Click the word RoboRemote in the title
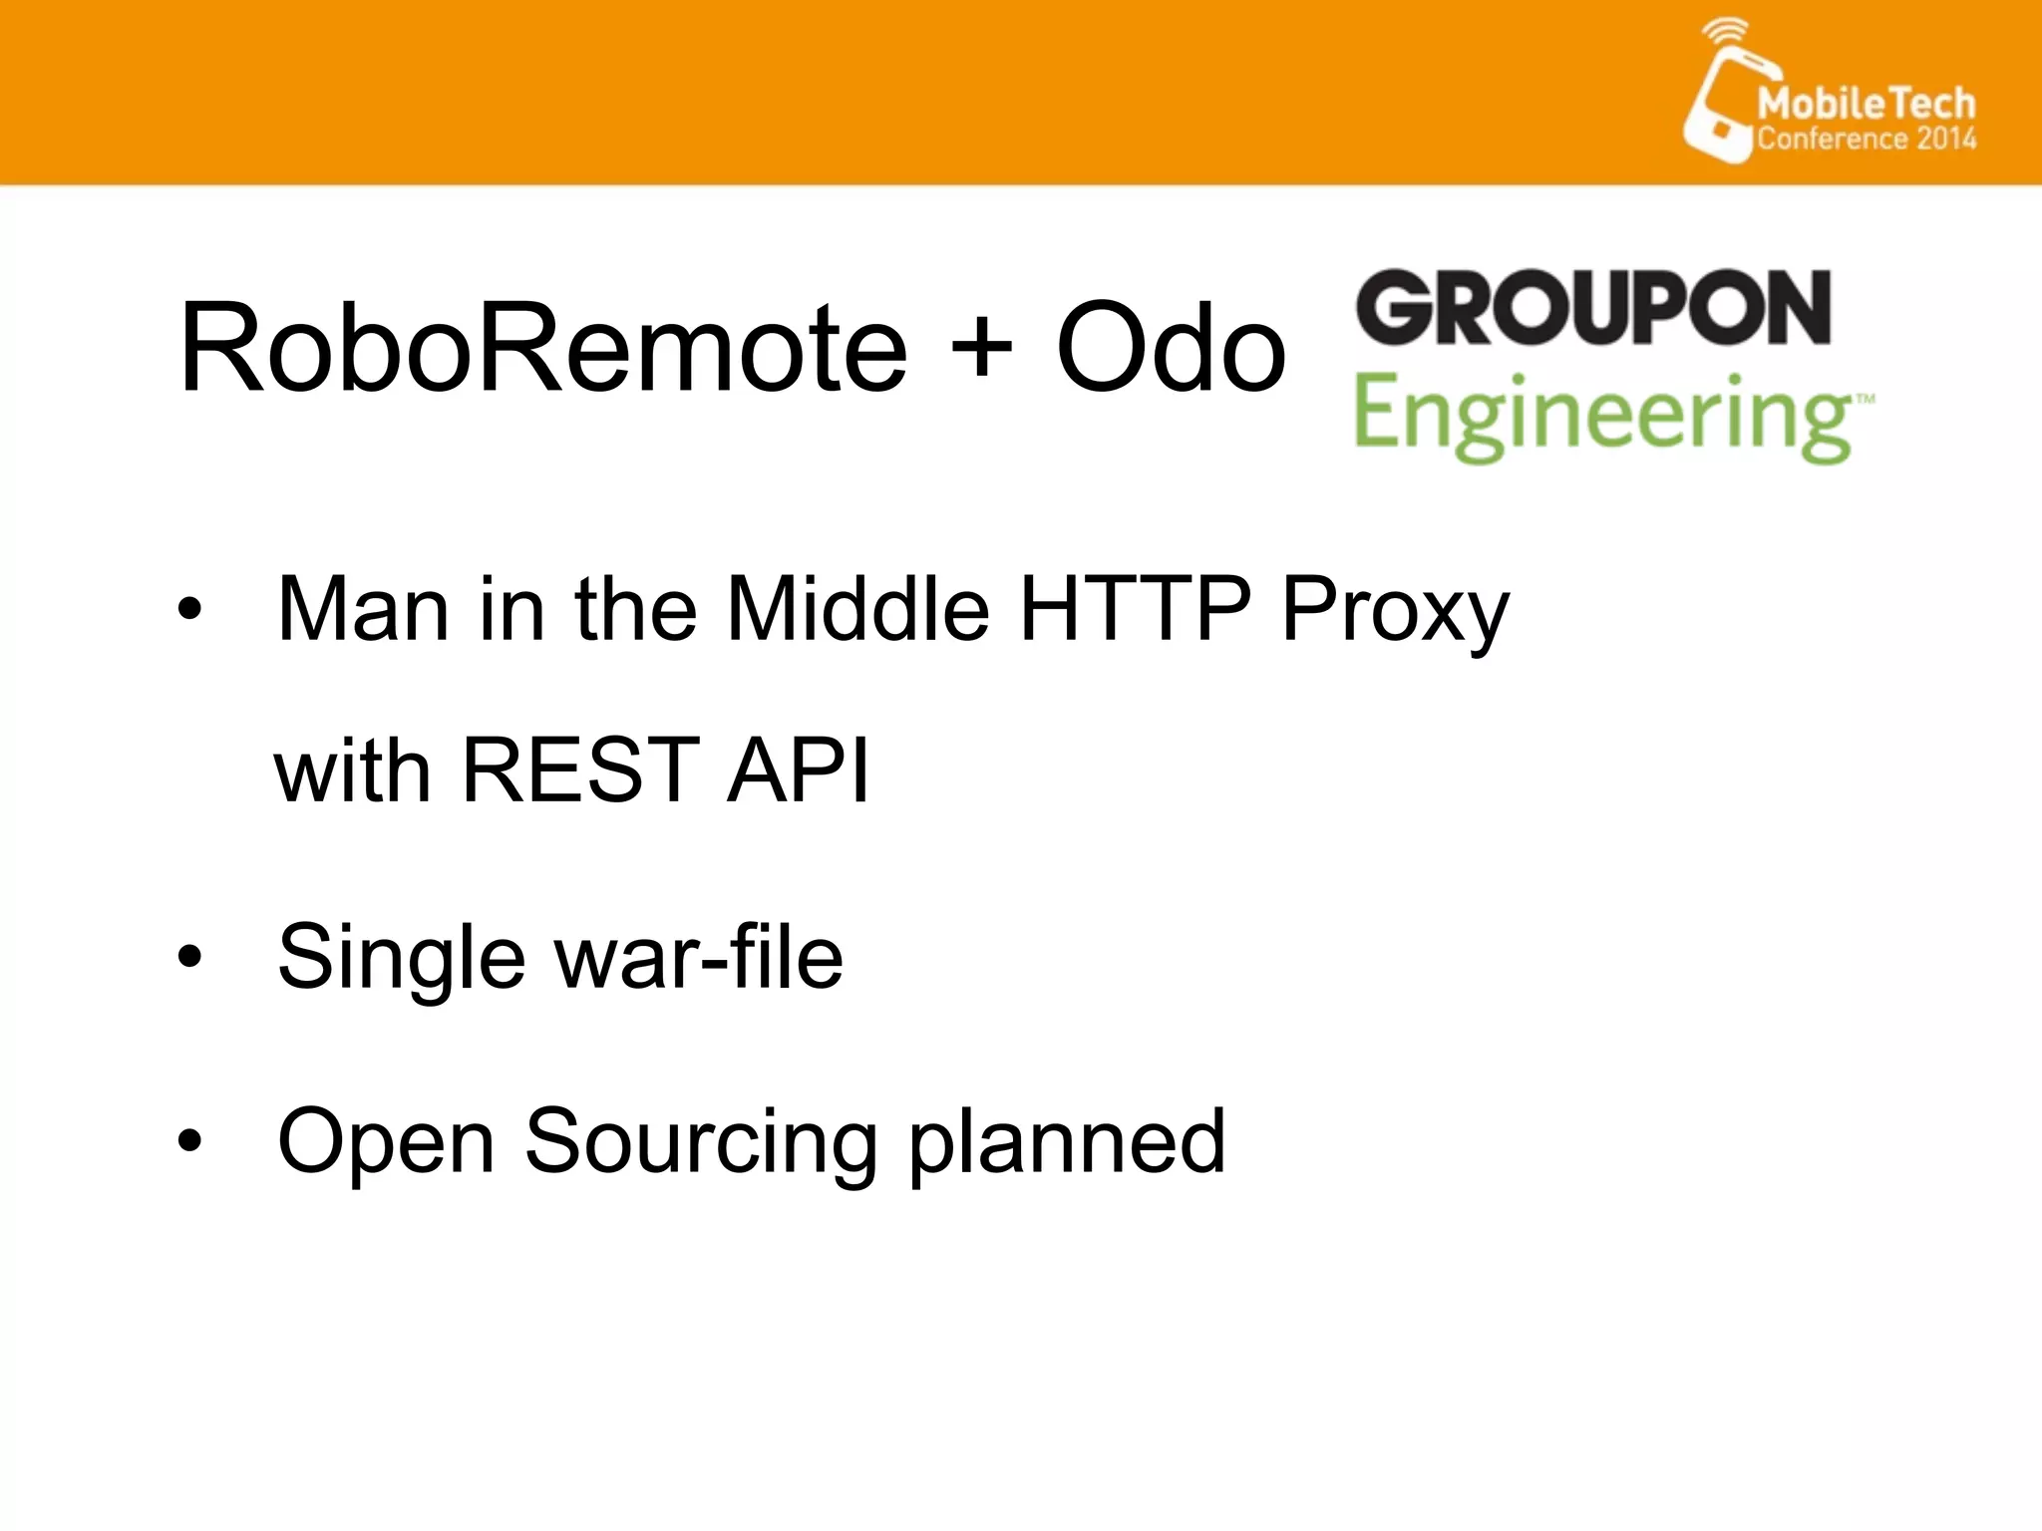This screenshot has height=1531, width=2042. [543, 349]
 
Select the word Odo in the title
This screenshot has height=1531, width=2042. [1171, 349]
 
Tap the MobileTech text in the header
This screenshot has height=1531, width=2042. [1866, 103]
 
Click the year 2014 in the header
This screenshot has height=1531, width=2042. [1945, 138]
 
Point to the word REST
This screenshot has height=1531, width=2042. [580, 768]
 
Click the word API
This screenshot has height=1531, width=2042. [798, 768]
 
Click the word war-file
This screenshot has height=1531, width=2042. [699, 957]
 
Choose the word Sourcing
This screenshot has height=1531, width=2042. [701, 1142]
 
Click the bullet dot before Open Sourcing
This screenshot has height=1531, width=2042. [189, 1140]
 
